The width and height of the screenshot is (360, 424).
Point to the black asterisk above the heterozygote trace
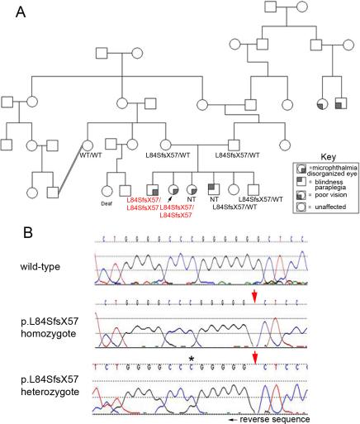pos(191,357)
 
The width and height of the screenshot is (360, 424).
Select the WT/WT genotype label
pos(90,155)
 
